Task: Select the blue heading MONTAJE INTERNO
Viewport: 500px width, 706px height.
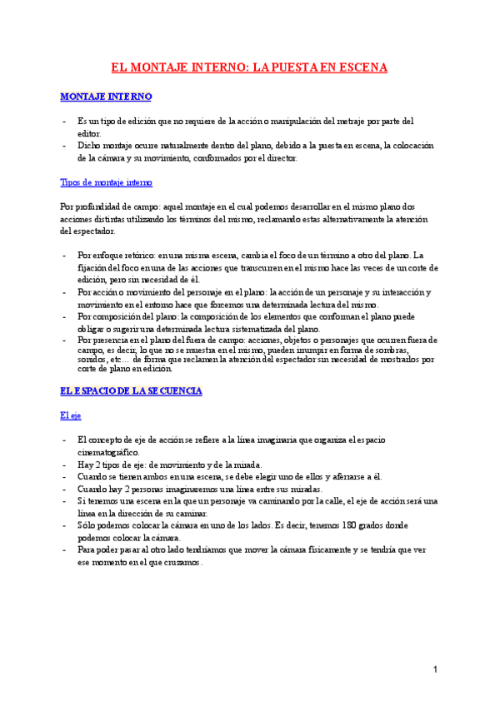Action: (106, 97)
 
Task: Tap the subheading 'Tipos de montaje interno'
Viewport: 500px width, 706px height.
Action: (106, 182)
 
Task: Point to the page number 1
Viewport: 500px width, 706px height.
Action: (436, 670)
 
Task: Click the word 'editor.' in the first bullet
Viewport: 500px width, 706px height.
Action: (89, 133)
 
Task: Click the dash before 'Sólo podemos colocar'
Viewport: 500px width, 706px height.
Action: (65, 526)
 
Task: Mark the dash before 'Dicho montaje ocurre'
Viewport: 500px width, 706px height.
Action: (65, 145)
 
